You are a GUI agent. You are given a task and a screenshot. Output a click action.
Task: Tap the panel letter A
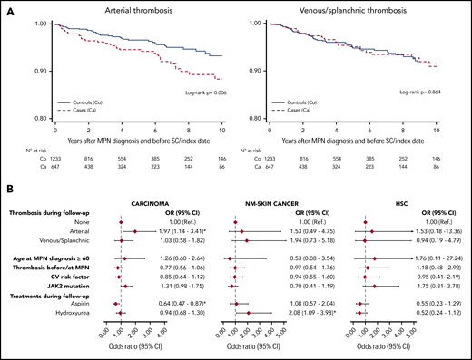(x=5, y=6)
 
